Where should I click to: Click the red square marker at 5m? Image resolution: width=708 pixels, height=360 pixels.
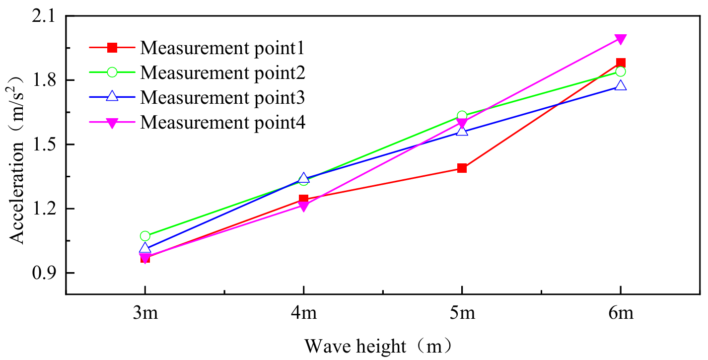coord(462,168)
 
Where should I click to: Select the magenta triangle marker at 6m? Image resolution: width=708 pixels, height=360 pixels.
coord(621,39)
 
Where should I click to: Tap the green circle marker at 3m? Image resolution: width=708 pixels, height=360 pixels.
coord(145,236)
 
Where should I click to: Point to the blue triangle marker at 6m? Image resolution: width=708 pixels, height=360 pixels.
coord(621,85)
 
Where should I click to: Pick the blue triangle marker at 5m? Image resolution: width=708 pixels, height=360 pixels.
coord(462,131)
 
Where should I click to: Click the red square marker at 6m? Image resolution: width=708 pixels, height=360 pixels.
coord(621,63)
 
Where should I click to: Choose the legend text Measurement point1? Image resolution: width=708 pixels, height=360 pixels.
coord(222,48)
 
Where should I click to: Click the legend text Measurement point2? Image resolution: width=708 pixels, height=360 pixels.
coord(222,72)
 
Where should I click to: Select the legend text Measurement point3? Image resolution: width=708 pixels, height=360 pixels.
coord(222,97)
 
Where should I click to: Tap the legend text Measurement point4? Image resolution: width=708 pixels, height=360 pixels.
coord(222,122)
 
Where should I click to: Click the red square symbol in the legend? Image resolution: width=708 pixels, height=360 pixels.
coord(112,48)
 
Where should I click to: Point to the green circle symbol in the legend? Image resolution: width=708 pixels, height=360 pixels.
coord(112,72)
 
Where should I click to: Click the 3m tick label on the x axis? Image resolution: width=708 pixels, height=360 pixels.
coord(145,315)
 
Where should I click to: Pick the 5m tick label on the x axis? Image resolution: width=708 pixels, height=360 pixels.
coord(462,315)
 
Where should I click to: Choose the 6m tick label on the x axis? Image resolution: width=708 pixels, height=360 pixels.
coord(621,315)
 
